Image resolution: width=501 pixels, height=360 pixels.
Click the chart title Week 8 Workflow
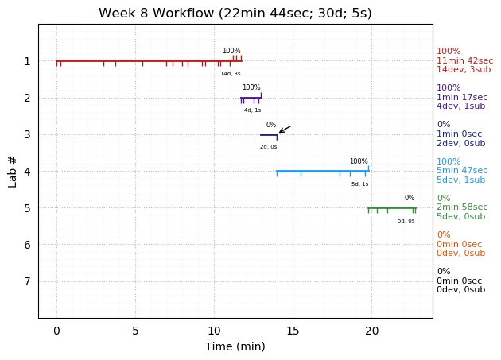click(235, 14)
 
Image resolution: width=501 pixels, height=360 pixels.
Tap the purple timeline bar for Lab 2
click(250, 98)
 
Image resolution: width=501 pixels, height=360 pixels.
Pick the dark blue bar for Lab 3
click(268, 134)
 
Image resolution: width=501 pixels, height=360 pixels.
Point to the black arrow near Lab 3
click(285, 129)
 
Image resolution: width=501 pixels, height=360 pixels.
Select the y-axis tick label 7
click(27, 281)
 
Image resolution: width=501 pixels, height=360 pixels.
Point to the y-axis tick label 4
click(27, 171)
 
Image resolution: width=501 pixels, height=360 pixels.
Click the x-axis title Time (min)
click(235, 346)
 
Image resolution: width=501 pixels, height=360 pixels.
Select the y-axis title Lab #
click(13, 171)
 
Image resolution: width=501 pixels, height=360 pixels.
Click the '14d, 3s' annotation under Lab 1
click(231, 74)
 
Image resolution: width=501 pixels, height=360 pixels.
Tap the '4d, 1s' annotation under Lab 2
click(252, 110)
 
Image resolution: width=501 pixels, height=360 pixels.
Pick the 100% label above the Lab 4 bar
click(359, 161)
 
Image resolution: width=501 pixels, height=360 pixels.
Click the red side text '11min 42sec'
click(464, 60)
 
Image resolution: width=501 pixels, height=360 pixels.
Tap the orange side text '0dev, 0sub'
click(460, 254)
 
